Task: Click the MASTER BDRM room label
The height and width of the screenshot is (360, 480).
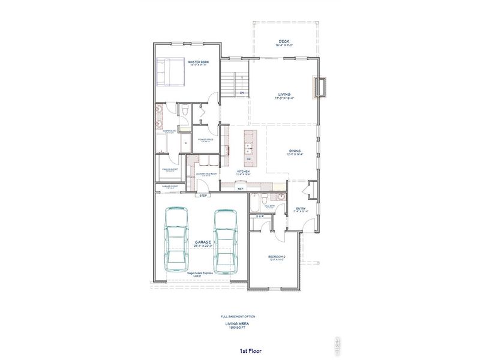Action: (x=197, y=62)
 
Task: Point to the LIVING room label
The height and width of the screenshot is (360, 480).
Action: (x=284, y=94)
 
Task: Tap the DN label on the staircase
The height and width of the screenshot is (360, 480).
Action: (x=241, y=93)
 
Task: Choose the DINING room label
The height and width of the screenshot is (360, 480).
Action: (x=294, y=151)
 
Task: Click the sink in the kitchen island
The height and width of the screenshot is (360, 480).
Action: (x=248, y=149)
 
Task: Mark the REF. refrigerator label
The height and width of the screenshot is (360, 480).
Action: (x=241, y=188)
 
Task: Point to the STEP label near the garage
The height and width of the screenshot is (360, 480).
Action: (x=204, y=196)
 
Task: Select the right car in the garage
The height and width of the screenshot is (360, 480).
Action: (x=226, y=240)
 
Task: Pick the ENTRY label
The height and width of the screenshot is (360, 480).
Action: (x=301, y=209)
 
